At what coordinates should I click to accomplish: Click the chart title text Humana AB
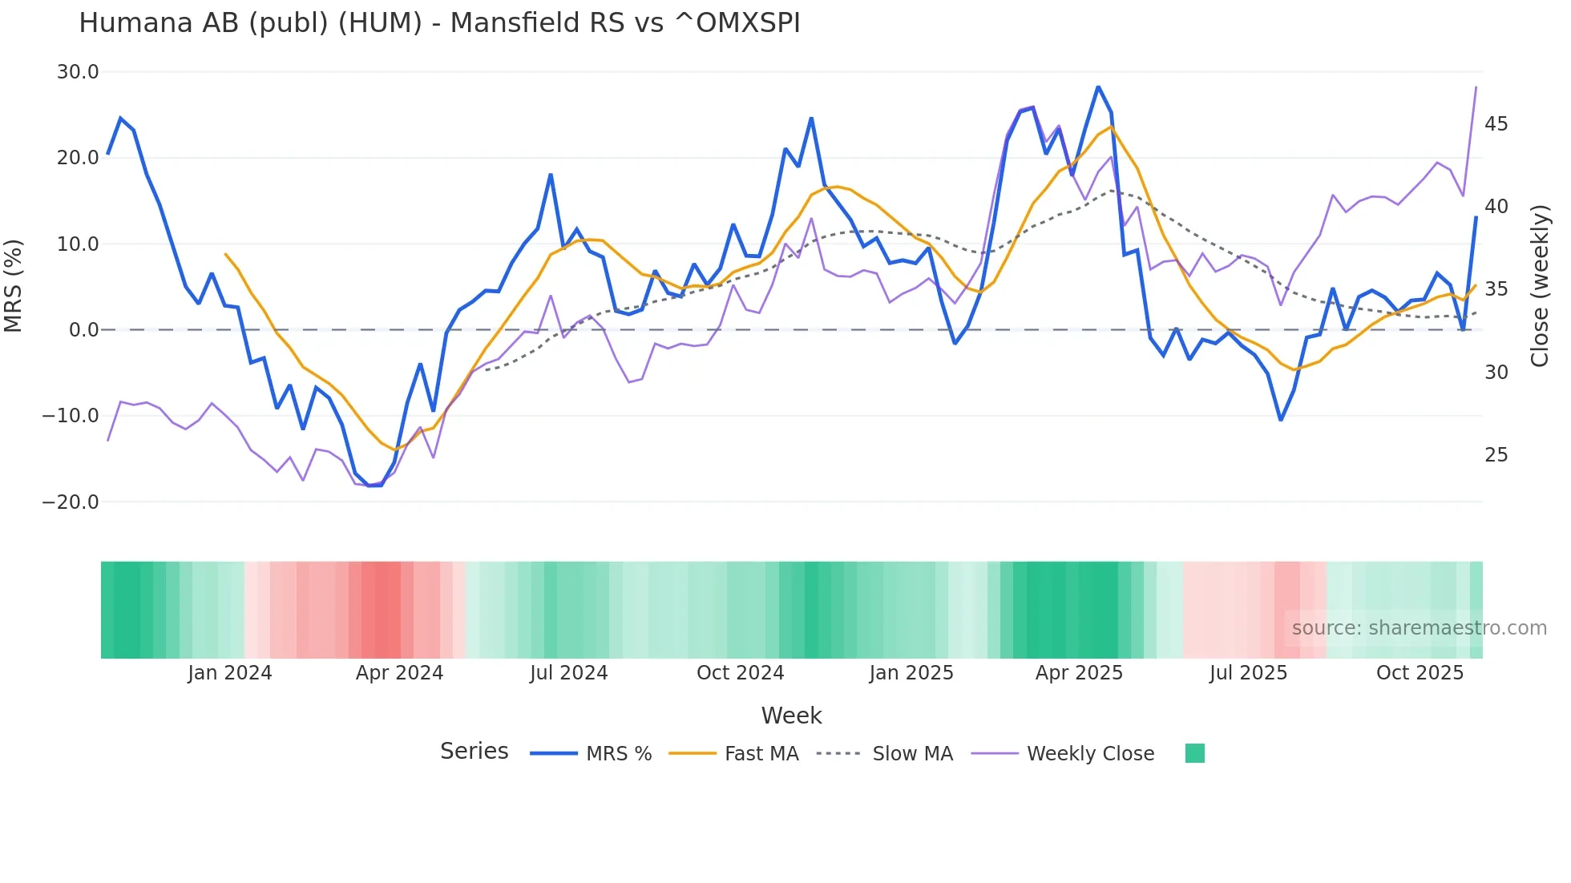(439, 23)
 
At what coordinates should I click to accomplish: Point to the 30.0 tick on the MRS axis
(78, 72)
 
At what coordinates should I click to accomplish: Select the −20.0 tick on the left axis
(71, 502)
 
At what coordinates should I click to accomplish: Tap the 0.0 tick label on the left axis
(83, 330)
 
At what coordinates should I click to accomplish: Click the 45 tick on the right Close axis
(1496, 124)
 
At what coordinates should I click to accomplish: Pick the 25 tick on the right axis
(1496, 455)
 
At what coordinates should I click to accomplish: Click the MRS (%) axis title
(14, 286)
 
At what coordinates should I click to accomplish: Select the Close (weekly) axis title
(1539, 286)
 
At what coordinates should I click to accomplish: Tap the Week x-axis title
(791, 716)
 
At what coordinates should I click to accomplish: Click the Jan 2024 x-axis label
(230, 673)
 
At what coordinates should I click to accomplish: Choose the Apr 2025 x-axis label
(1079, 673)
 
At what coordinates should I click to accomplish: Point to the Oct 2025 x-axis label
(1420, 673)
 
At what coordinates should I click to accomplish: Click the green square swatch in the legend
(1194, 753)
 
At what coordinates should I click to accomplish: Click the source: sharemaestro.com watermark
(1419, 628)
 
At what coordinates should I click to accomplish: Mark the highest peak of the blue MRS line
(1098, 87)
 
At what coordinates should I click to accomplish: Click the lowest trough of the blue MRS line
(375, 486)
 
